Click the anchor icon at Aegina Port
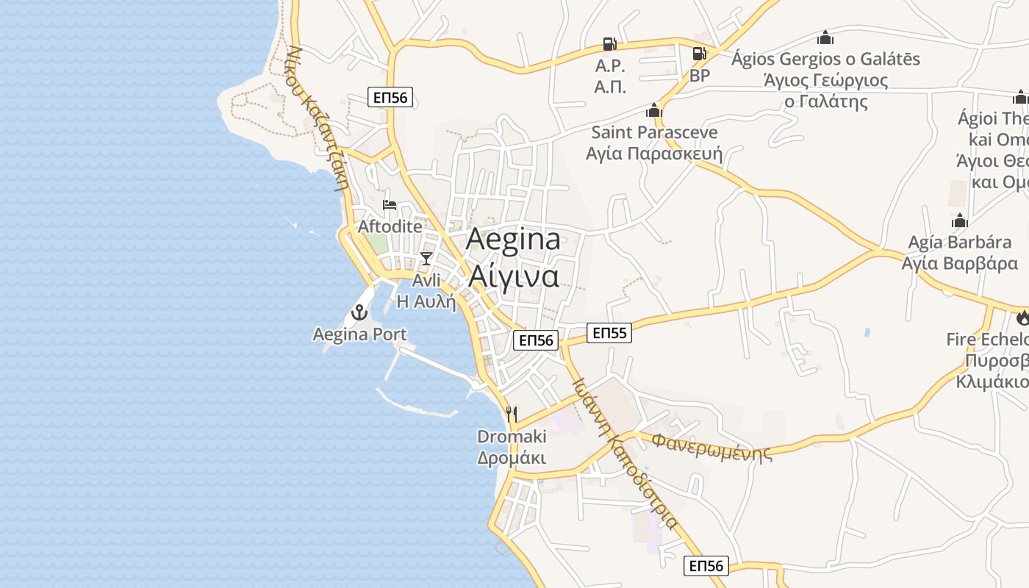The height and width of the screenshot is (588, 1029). (359, 312)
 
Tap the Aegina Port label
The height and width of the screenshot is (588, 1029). (359, 334)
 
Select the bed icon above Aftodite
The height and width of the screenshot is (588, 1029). (389, 204)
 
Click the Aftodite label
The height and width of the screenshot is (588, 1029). (390, 226)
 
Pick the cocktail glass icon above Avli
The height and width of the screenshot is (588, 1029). (426, 258)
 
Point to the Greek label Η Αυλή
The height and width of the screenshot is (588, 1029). (426, 301)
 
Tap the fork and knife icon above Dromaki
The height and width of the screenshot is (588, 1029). (512, 414)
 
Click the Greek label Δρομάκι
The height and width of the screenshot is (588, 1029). (512, 458)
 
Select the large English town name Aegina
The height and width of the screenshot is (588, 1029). (513, 239)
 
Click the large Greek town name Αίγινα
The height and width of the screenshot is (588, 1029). (513, 276)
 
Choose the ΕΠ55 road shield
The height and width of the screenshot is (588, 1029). (610, 334)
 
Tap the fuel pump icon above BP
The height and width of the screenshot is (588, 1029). (699, 54)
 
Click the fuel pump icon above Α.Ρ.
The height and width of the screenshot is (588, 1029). (609, 44)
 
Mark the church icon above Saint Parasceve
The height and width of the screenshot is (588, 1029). (653, 111)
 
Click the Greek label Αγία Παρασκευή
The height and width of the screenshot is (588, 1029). (654, 154)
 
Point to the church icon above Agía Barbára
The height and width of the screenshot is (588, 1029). (959, 220)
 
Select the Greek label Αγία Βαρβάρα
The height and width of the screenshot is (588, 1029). (959, 263)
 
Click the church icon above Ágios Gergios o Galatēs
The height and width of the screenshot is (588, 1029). (825, 37)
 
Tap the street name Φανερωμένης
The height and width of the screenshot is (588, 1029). (712, 446)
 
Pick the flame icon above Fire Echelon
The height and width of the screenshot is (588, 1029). (1022, 318)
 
